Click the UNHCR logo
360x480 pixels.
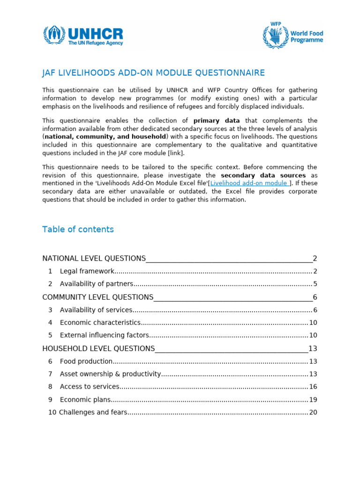pos(83,36)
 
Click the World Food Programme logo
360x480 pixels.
pos(293,35)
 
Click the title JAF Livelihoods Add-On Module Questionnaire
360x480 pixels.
pos(153,73)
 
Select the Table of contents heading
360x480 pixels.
pos(78,229)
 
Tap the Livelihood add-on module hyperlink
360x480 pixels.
pos(250,183)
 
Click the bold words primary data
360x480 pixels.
pos(216,120)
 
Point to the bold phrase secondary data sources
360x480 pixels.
pos(263,175)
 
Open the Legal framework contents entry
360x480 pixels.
pos(87,271)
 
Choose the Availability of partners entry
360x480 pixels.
pos(97,284)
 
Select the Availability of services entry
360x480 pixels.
pos(96,310)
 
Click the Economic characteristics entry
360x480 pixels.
pos(100,322)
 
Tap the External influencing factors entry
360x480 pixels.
pos(104,335)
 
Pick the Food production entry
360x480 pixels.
pos(86,361)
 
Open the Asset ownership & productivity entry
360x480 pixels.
pos(110,374)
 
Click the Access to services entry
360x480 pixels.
pos(90,387)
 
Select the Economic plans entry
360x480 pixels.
pos(85,400)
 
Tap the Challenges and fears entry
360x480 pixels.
pos(93,412)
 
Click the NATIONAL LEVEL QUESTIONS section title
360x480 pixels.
pos(94,258)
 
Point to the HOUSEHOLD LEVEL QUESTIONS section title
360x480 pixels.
pos(98,348)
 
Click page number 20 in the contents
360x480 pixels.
pos(313,412)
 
